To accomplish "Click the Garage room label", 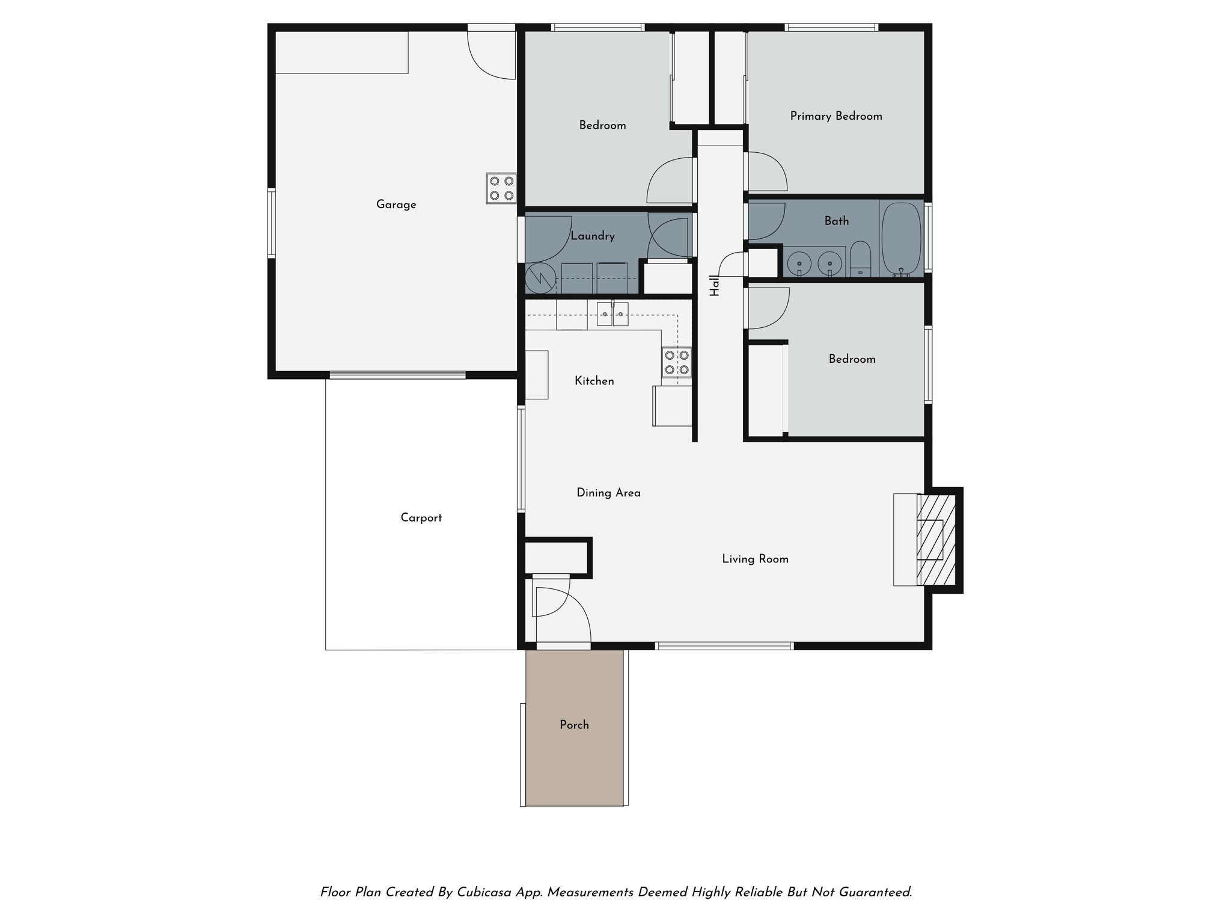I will pyautogui.click(x=396, y=205).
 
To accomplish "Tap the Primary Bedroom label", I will pyautogui.click(x=835, y=116).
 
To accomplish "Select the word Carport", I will pyautogui.click(x=421, y=518).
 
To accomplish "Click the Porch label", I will pyautogui.click(x=574, y=725).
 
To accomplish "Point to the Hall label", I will pyautogui.click(x=714, y=286).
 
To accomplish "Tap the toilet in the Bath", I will pyautogui.click(x=861, y=259).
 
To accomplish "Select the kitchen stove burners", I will pyautogui.click(x=677, y=362).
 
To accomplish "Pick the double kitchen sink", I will pyautogui.click(x=612, y=314).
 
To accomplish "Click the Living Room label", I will pyautogui.click(x=755, y=559).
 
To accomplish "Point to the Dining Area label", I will pyautogui.click(x=608, y=493).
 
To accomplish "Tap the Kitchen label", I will pyautogui.click(x=594, y=381).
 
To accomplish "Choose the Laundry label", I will pyautogui.click(x=592, y=236).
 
